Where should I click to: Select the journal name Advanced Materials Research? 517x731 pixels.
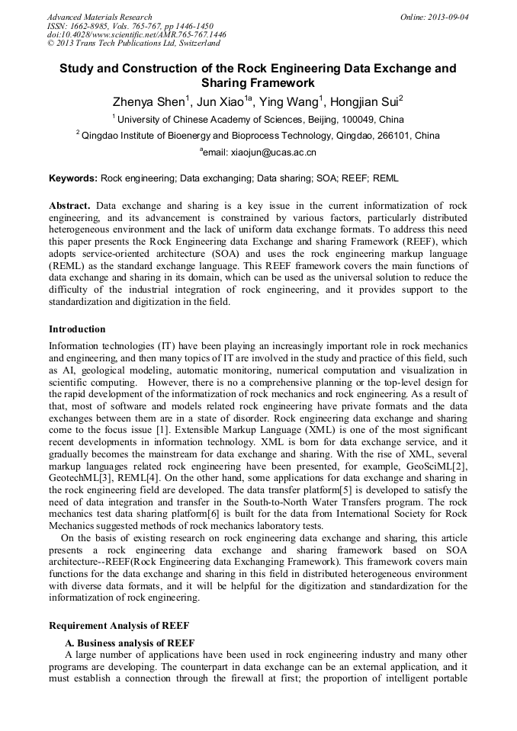pyautogui.click(x=100, y=17)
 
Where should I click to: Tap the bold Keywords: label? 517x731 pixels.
pyautogui.click(x=73, y=178)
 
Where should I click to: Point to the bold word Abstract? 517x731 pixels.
pyautogui.click(x=69, y=207)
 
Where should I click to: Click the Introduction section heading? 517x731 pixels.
pyautogui.click(x=77, y=329)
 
